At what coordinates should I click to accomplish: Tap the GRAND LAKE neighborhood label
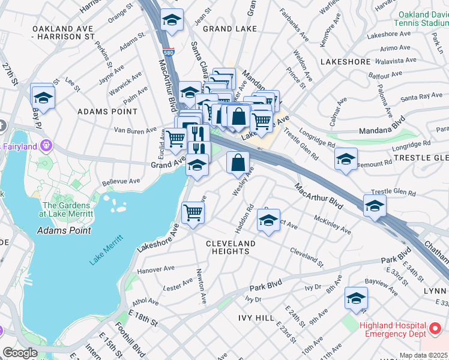tap(230, 28)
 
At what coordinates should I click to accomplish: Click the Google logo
tap(20, 353)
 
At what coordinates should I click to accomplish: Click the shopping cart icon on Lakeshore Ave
tap(193, 212)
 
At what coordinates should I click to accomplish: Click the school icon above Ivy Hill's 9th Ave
tap(356, 298)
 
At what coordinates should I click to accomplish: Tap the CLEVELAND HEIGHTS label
tap(231, 247)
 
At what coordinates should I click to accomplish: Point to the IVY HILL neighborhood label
tap(256, 317)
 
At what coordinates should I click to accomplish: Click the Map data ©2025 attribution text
tap(423, 355)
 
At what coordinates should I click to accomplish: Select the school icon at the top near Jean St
tap(172, 20)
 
